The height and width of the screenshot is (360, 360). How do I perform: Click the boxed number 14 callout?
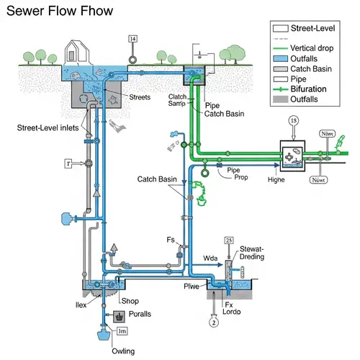click(x=132, y=39)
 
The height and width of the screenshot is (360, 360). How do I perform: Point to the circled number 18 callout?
click(x=293, y=121)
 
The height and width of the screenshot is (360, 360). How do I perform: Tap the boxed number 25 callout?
click(x=229, y=240)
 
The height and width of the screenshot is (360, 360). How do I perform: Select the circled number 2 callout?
click(x=213, y=322)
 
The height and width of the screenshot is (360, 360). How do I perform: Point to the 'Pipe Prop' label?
click(x=227, y=173)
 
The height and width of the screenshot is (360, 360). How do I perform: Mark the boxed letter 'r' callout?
click(x=68, y=163)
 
